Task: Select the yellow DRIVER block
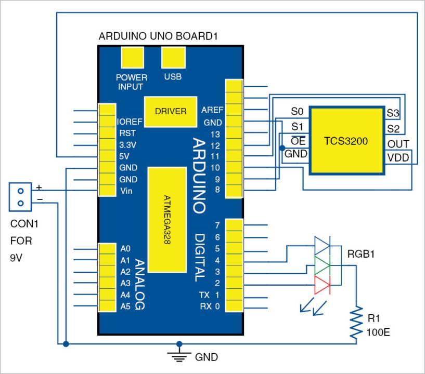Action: (171, 111)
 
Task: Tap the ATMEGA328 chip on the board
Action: (167, 219)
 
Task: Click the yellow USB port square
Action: (173, 58)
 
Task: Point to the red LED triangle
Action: (323, 285)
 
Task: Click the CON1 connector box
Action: (21, 196)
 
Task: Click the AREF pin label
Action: (211, 110)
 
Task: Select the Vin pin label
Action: (127, 191)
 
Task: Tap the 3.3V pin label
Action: (127, 144)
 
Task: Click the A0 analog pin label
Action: (125, 248)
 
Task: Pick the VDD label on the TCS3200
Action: (398, 157)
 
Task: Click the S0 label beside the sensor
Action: (297, 111)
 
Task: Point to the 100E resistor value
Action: (378, 331)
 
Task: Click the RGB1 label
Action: (362, 254)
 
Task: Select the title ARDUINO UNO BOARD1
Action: (157, 36)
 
